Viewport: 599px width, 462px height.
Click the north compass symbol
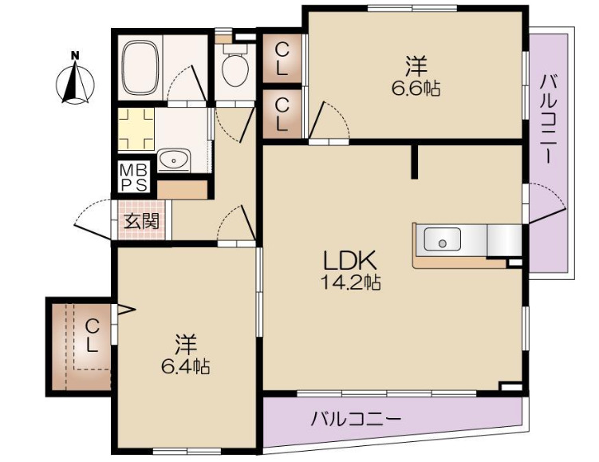click(x=77, y=80)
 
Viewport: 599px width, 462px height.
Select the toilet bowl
click(x=234, y=69)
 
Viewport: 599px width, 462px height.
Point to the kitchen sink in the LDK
click(x=440, y=239)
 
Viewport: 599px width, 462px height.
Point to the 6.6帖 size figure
click(x=415, y=88)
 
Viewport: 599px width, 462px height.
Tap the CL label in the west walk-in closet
click(x=93, y=335)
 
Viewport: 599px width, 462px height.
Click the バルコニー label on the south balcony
click(x=356, y=417)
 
